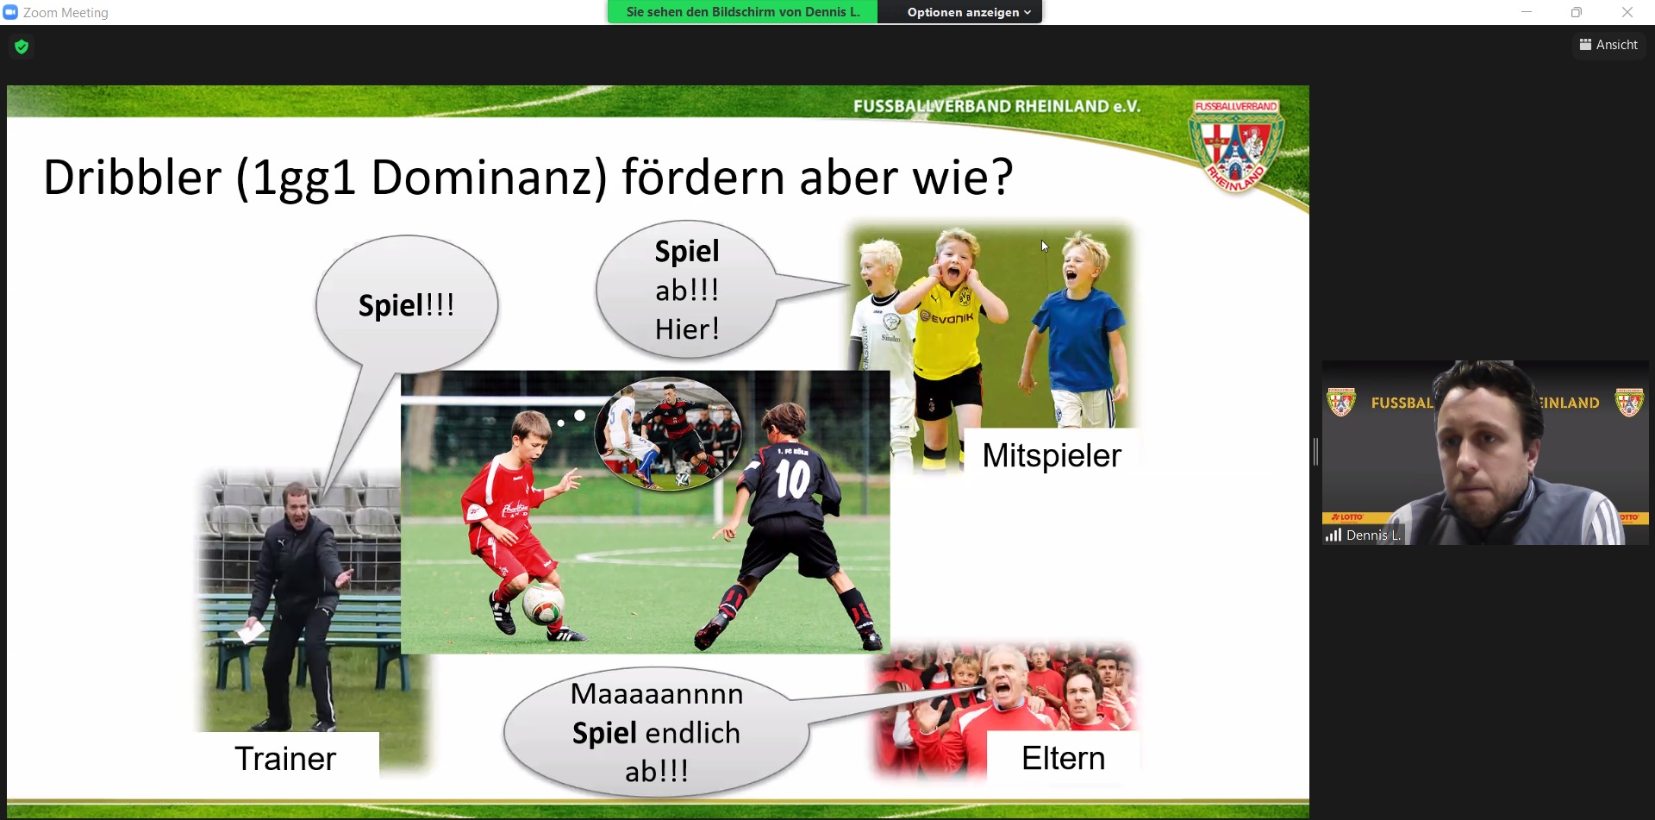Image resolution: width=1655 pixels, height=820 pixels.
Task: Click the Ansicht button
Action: click(x=1608, y=45)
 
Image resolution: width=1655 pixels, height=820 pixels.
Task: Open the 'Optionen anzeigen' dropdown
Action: click(x=969, y=12)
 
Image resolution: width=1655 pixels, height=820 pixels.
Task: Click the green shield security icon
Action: click(x=22, y=47)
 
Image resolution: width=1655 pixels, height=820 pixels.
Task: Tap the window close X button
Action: click(x=1627, y=12)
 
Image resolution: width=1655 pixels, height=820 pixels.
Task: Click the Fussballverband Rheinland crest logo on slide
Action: click(x=1236, y=145)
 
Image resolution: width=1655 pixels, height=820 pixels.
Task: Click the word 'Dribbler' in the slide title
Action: click(x=132, y=178)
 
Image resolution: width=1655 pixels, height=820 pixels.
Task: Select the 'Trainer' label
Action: click(x=285, y=759)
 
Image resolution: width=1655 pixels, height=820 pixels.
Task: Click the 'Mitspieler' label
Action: click(x=1052, y=455)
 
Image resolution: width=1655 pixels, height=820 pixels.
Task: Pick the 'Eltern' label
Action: click(x=1064, y=758)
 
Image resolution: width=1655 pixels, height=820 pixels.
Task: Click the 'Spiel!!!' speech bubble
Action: click(x=407, y=304)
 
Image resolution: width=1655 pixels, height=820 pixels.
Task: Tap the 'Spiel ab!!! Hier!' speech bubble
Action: click(x=687, y=290)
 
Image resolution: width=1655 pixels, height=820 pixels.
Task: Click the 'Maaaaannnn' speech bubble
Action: click(x=657, y=732)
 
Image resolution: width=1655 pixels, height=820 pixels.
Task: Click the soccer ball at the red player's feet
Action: click(x=543, y=603)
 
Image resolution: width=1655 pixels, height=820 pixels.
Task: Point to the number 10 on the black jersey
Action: click(x=792, y=479)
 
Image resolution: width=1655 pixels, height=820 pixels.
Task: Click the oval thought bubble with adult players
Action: click(x=668, y=433)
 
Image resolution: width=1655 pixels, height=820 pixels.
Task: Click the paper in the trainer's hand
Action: click(x=251, y=633)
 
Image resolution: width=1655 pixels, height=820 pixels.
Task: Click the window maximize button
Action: click(x=1577, y=12)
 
